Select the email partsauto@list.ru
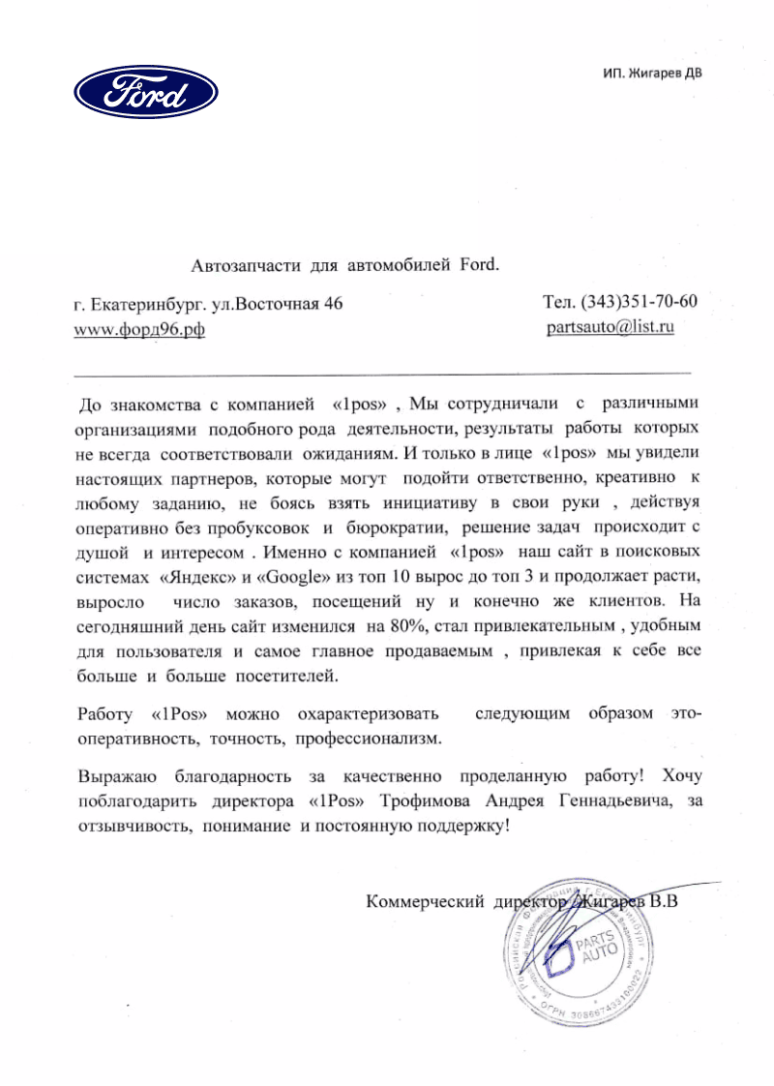coord(610,326)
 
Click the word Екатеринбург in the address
coord(154,303)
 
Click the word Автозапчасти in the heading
coord(248,264)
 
